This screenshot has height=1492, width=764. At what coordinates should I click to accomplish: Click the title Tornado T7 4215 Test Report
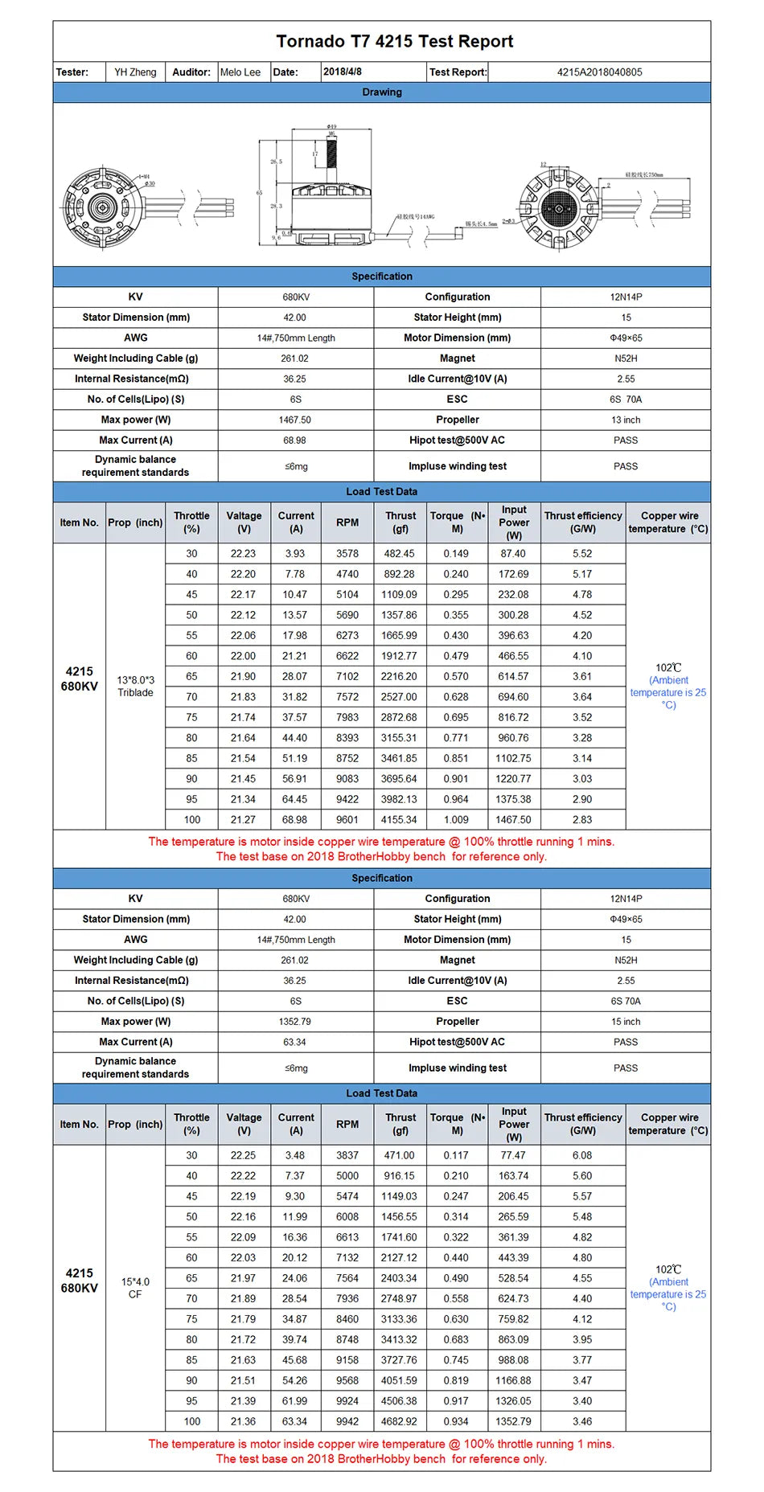pos(394,42)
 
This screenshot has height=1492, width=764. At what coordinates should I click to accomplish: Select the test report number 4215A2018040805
pos(599,72)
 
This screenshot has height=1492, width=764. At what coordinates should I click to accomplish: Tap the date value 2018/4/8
pos(343,72)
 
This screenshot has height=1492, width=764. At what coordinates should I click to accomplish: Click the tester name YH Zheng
pos(135,72)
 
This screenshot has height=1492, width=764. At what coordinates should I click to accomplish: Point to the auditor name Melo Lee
pos(240,72)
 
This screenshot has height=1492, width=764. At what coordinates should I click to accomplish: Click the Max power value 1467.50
pos(295,420)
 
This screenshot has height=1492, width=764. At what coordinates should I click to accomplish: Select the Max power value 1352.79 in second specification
pos(295,1022)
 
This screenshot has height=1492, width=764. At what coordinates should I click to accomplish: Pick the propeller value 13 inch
pos(626,420)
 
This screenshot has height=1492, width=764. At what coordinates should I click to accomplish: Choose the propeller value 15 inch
pos(626,1022)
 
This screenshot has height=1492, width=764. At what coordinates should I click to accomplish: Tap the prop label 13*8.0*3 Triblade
pos(135,686)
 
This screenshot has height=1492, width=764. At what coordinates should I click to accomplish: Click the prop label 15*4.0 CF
pos(135,1288)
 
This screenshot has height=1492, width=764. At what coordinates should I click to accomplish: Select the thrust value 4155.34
pos(399,820)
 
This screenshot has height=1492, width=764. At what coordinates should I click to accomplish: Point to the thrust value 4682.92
pos(399,1421)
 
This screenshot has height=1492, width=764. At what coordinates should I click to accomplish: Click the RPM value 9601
pos(347,820)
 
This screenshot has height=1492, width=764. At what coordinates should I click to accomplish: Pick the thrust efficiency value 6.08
pos(582,1155)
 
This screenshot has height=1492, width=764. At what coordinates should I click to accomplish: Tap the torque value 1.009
pos(456,820)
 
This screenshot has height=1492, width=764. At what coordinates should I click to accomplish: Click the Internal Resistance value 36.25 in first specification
pos(295,379)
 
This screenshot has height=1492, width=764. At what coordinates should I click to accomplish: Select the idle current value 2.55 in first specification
pos(626,379)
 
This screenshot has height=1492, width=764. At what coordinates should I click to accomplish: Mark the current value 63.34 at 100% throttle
pos(295,1421)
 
